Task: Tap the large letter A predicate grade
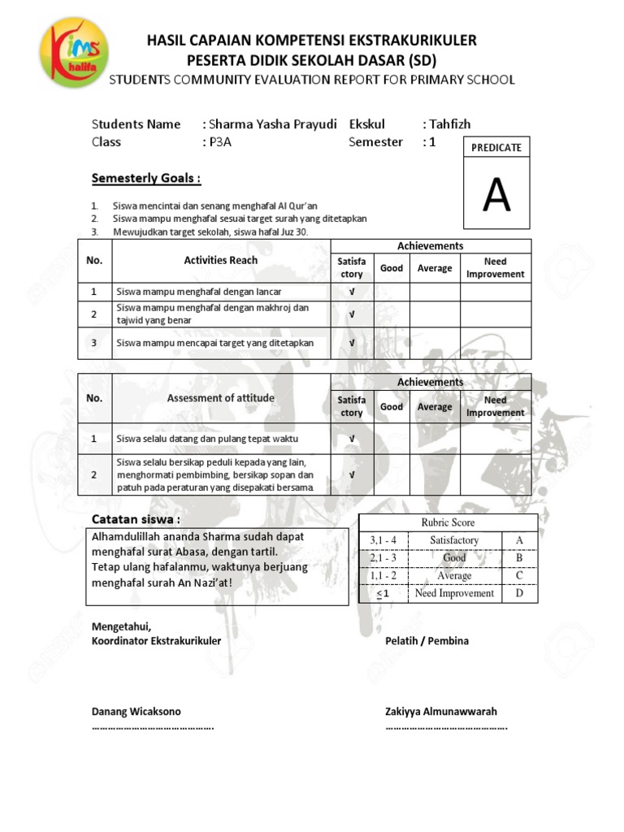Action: [x=496, y=195]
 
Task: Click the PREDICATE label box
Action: [x=496, y=147]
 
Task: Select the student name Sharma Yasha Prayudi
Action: [x=273, y=124]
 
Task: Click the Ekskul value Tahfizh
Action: [x=449, y=124]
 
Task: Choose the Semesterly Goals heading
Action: [x=145, y=177]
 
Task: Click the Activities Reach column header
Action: [x=220, y=260]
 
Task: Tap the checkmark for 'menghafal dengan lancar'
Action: [x=352, y=292]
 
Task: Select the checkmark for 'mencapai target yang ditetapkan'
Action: [x=352, y=343]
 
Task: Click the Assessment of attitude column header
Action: [x=220, y=398]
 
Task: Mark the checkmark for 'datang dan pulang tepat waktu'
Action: [x=352, y=439]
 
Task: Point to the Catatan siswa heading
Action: [x=136, y=519]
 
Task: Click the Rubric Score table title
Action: [x=448, y=522]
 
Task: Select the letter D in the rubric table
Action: [x=519, y=593]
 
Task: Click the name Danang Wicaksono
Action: [x=136, y=711]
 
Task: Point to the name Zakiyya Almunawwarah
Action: [x=441, y=711]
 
